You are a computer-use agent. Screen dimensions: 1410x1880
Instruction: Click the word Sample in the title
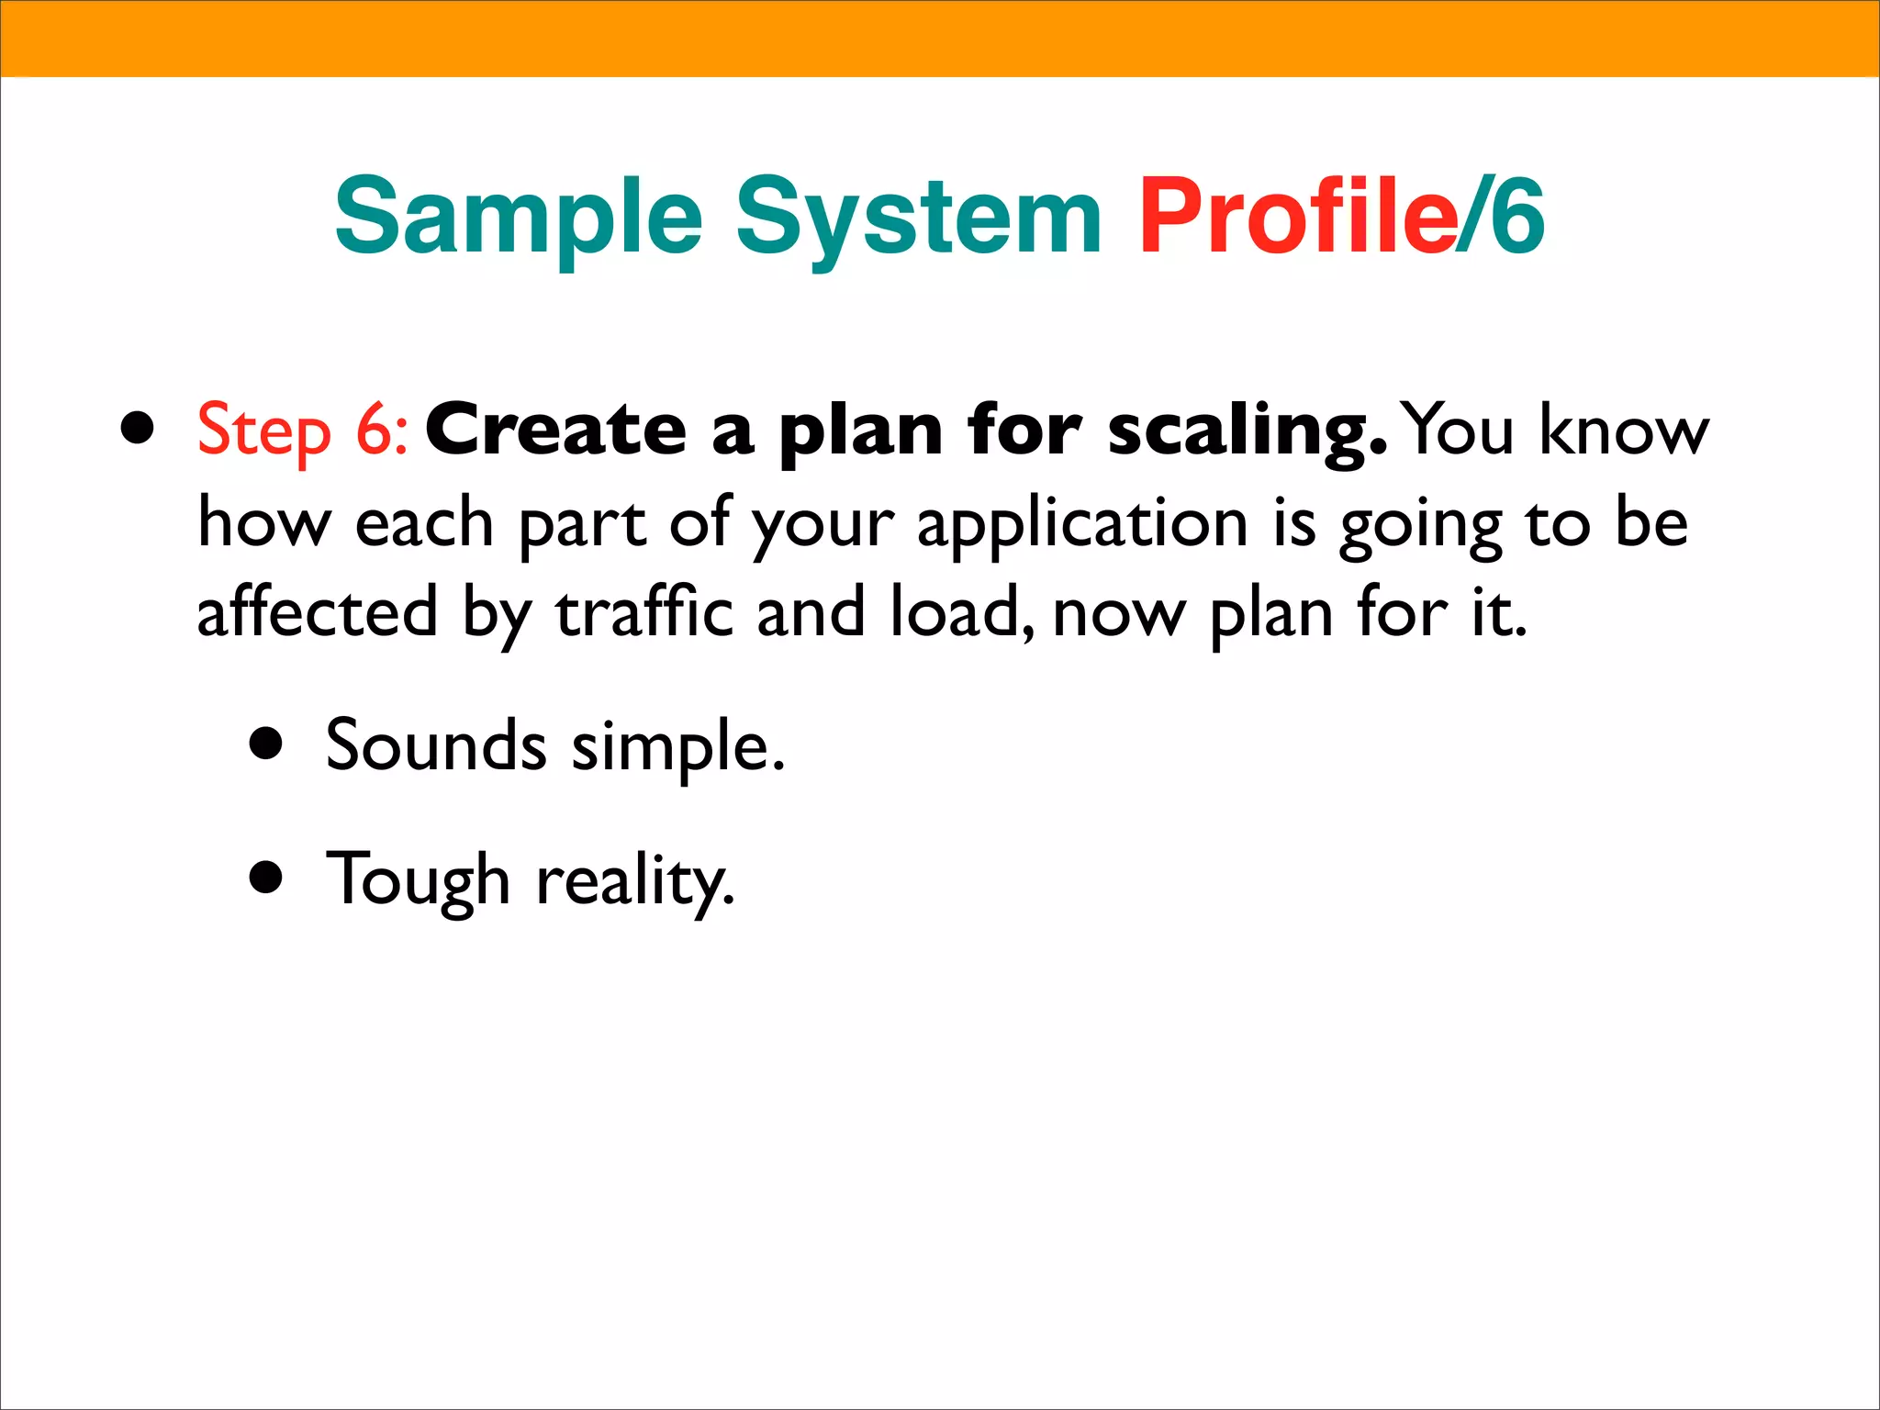(x=519, y=218)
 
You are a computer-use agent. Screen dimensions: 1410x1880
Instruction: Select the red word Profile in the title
(x=1297, y=217)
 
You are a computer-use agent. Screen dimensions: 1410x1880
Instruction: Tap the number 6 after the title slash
(x=1517, y=218)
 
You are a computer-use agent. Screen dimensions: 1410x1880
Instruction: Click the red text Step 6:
(x=303, y=430)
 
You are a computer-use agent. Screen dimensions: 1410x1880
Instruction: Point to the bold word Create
(x=555, y=430)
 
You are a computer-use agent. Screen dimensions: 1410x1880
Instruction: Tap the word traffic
(x=644, y=613)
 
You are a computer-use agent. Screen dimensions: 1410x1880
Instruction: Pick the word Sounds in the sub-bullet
(x=436, y=745)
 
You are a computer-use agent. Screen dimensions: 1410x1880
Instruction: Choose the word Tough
(x=418, y=879)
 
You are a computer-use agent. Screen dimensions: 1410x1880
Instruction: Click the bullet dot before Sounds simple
(x=266, y=744)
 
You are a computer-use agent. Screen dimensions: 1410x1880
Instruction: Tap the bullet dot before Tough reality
(x=266, y=878)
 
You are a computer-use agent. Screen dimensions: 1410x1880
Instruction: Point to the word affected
(x=318, y=613)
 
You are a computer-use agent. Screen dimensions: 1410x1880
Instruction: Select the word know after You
(x=1624, y=430)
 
